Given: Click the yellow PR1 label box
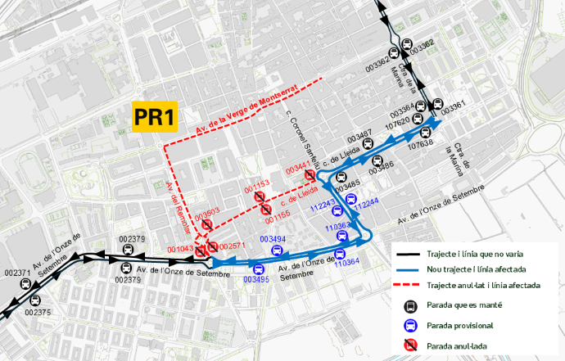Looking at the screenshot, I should [155, 116].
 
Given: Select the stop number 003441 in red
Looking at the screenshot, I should [296, 169].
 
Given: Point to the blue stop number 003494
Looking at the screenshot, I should [273, 239].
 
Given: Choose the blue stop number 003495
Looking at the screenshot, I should [255, 279].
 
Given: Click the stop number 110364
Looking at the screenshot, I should [346, 262].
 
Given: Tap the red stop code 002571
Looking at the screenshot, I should [233, 246].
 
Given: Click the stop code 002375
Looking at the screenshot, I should [38, 312].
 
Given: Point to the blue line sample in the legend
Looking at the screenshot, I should [406, 268].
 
